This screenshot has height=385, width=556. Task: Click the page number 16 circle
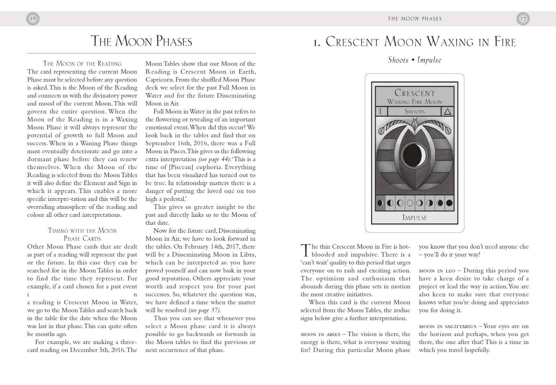(x=33, y=19)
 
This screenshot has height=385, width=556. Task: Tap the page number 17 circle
(x=523, y=19)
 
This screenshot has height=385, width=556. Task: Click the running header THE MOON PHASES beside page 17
(x=415, y=19)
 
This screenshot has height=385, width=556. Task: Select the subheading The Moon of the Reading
(x=82, y=64)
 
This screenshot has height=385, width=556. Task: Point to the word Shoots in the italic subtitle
(x=398, y=60)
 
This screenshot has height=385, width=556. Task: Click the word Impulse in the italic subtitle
(x=429, y=60)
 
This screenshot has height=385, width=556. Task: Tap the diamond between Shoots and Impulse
(x=413, y=60)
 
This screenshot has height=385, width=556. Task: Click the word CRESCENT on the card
(x=415, y=93)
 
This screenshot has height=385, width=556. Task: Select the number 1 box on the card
(x=381, y=112)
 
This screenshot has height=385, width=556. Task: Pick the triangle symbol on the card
(x=448, y=112)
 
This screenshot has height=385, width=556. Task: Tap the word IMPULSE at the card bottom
(x=415, y=218)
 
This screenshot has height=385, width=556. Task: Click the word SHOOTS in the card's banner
(x=415, y=112)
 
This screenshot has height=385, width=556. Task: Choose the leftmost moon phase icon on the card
(x=381, y=203)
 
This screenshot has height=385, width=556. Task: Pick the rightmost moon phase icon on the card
(x=449, y=203)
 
